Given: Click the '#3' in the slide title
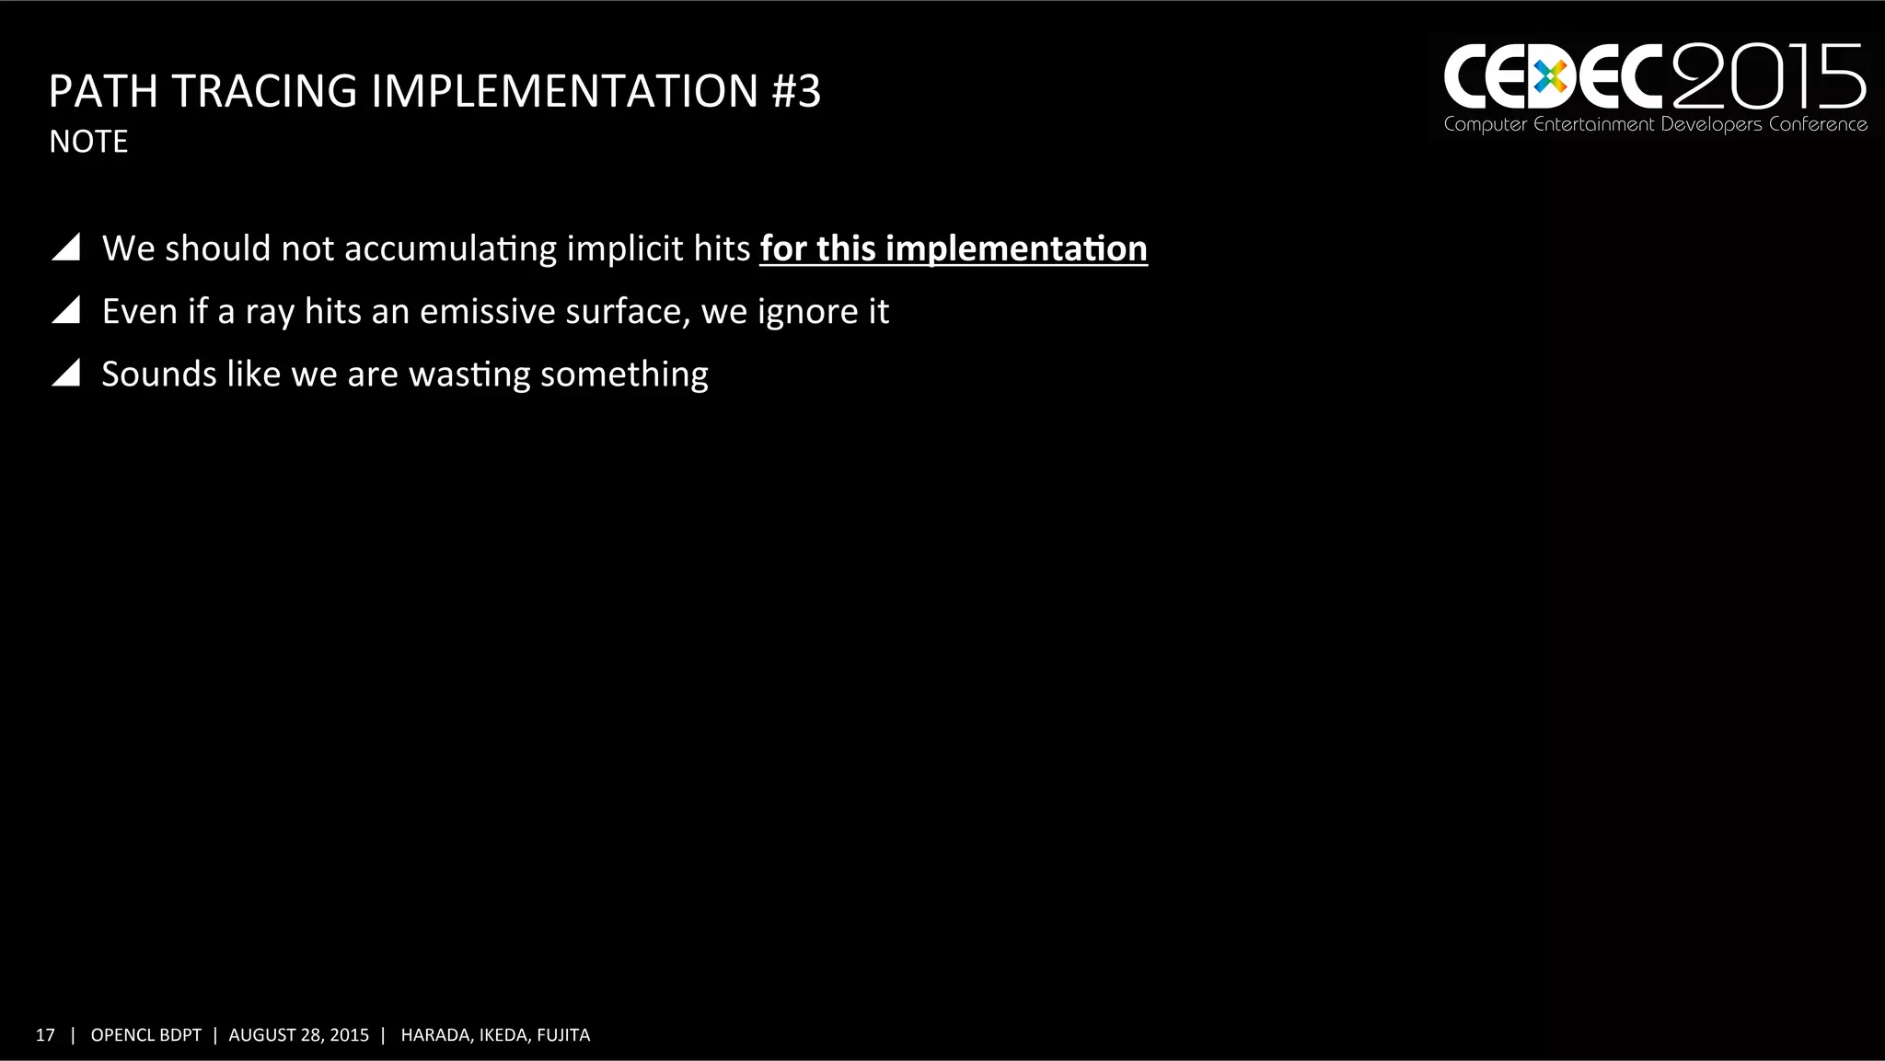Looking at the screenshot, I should tap(796, 91).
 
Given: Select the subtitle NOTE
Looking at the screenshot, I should tap(88, 142).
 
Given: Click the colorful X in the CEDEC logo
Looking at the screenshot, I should tap(1551, 78).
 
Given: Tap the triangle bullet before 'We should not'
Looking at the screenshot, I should tap(66, 248).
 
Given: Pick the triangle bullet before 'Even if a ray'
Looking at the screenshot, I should tap(66, 310).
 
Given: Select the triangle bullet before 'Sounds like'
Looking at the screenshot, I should tap(66, 373).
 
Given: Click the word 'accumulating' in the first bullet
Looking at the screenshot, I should tap(450, 249).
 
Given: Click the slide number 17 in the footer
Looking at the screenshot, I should tap(45, 1035).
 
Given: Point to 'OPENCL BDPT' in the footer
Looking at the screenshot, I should tap(145, 1035).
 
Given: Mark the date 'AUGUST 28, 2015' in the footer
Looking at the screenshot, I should tap(298, 1035).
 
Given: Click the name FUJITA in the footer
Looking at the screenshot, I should tap(563, 1035).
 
